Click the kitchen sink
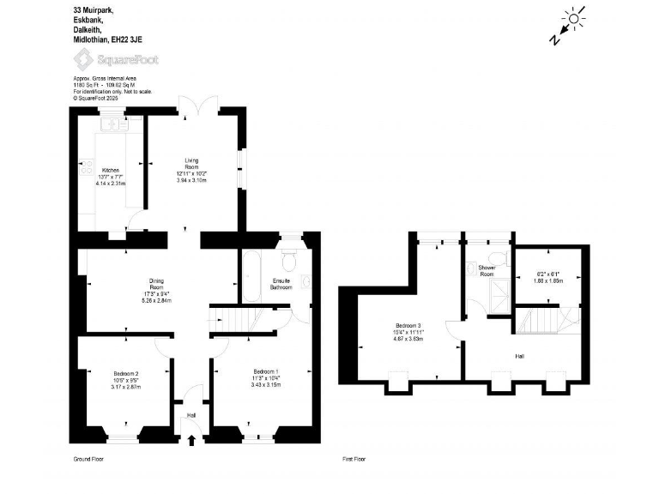pyautogui.click(x=113, y=125)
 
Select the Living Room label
pyautogui.click(x=191, y=164)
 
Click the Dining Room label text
pyautogui.click(x=156, y=286)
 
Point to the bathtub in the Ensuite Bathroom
pyautogui.click(x=252, y=277)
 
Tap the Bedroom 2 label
pyautogui.click(x=125, y=373)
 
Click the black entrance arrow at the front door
pyautogui.click(x=190, y=441)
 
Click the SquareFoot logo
pyautogui.click(x=116, y=59)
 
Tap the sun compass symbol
pyautogui.click(x=571, y=16)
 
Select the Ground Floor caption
pyautogui.click(x=88, y=460)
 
